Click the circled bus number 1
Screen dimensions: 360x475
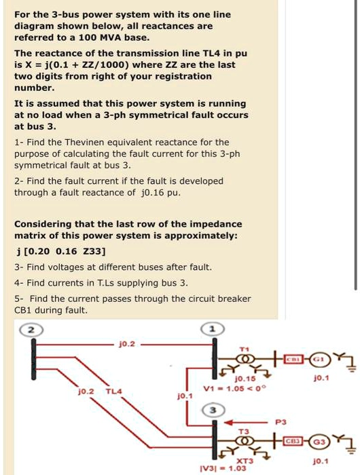(213, 329)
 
